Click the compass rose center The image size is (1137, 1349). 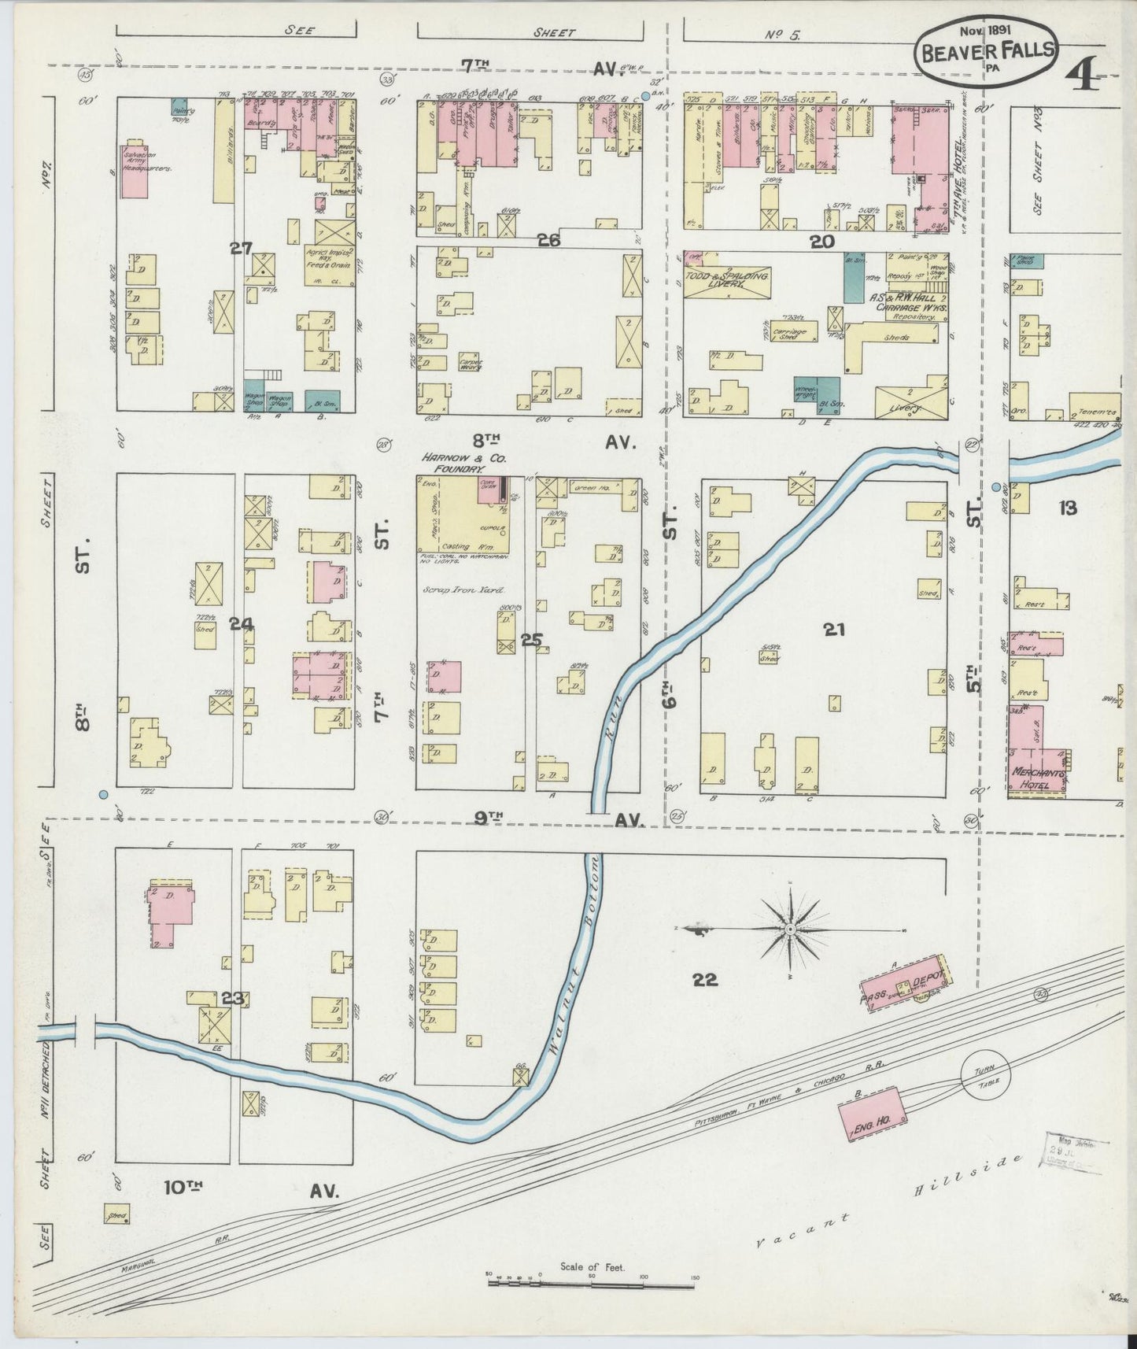[789, 930]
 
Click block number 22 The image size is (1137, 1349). [705, 979]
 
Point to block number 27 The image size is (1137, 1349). [241, 249]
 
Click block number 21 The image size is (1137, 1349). [833, 628]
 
